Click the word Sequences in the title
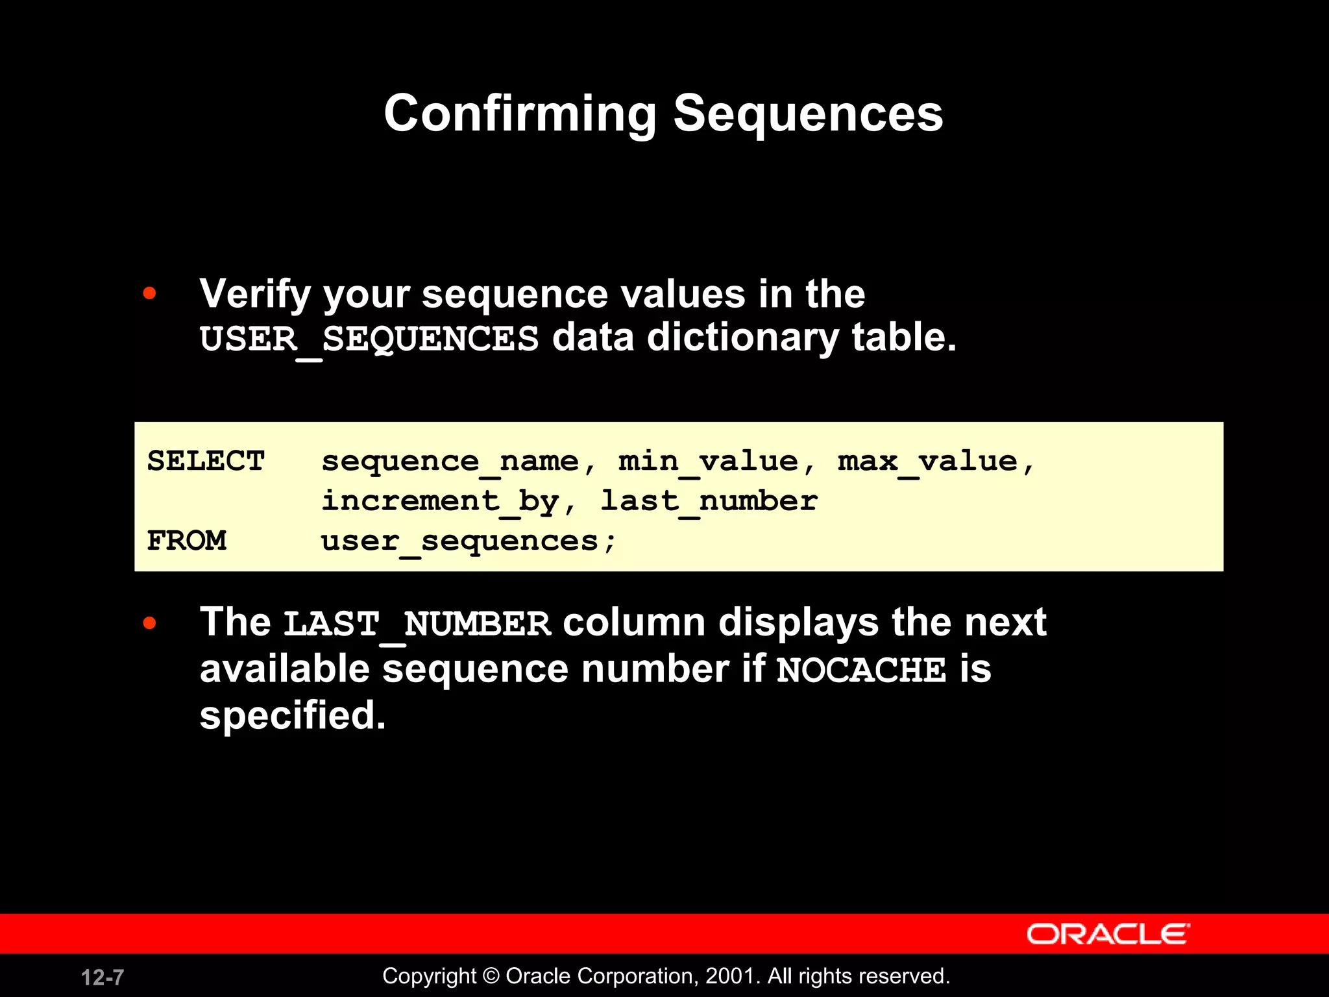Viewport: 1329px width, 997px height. pos(808,114)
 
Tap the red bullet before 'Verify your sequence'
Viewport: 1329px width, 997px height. pos(150,293)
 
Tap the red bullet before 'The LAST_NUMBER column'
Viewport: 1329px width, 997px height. pos(150,623)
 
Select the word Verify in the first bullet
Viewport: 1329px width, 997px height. pos(255,294)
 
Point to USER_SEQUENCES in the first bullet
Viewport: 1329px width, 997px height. pos(369,339)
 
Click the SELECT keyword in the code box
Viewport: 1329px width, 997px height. pos(206,461)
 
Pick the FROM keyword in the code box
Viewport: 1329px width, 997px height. pos(187,541)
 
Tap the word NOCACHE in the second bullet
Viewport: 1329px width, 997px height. pos(861,670)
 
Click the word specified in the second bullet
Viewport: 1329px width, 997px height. pos(292,715)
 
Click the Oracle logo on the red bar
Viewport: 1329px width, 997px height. pos(1107,934)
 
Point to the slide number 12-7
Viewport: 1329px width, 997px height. pos(103,977)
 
